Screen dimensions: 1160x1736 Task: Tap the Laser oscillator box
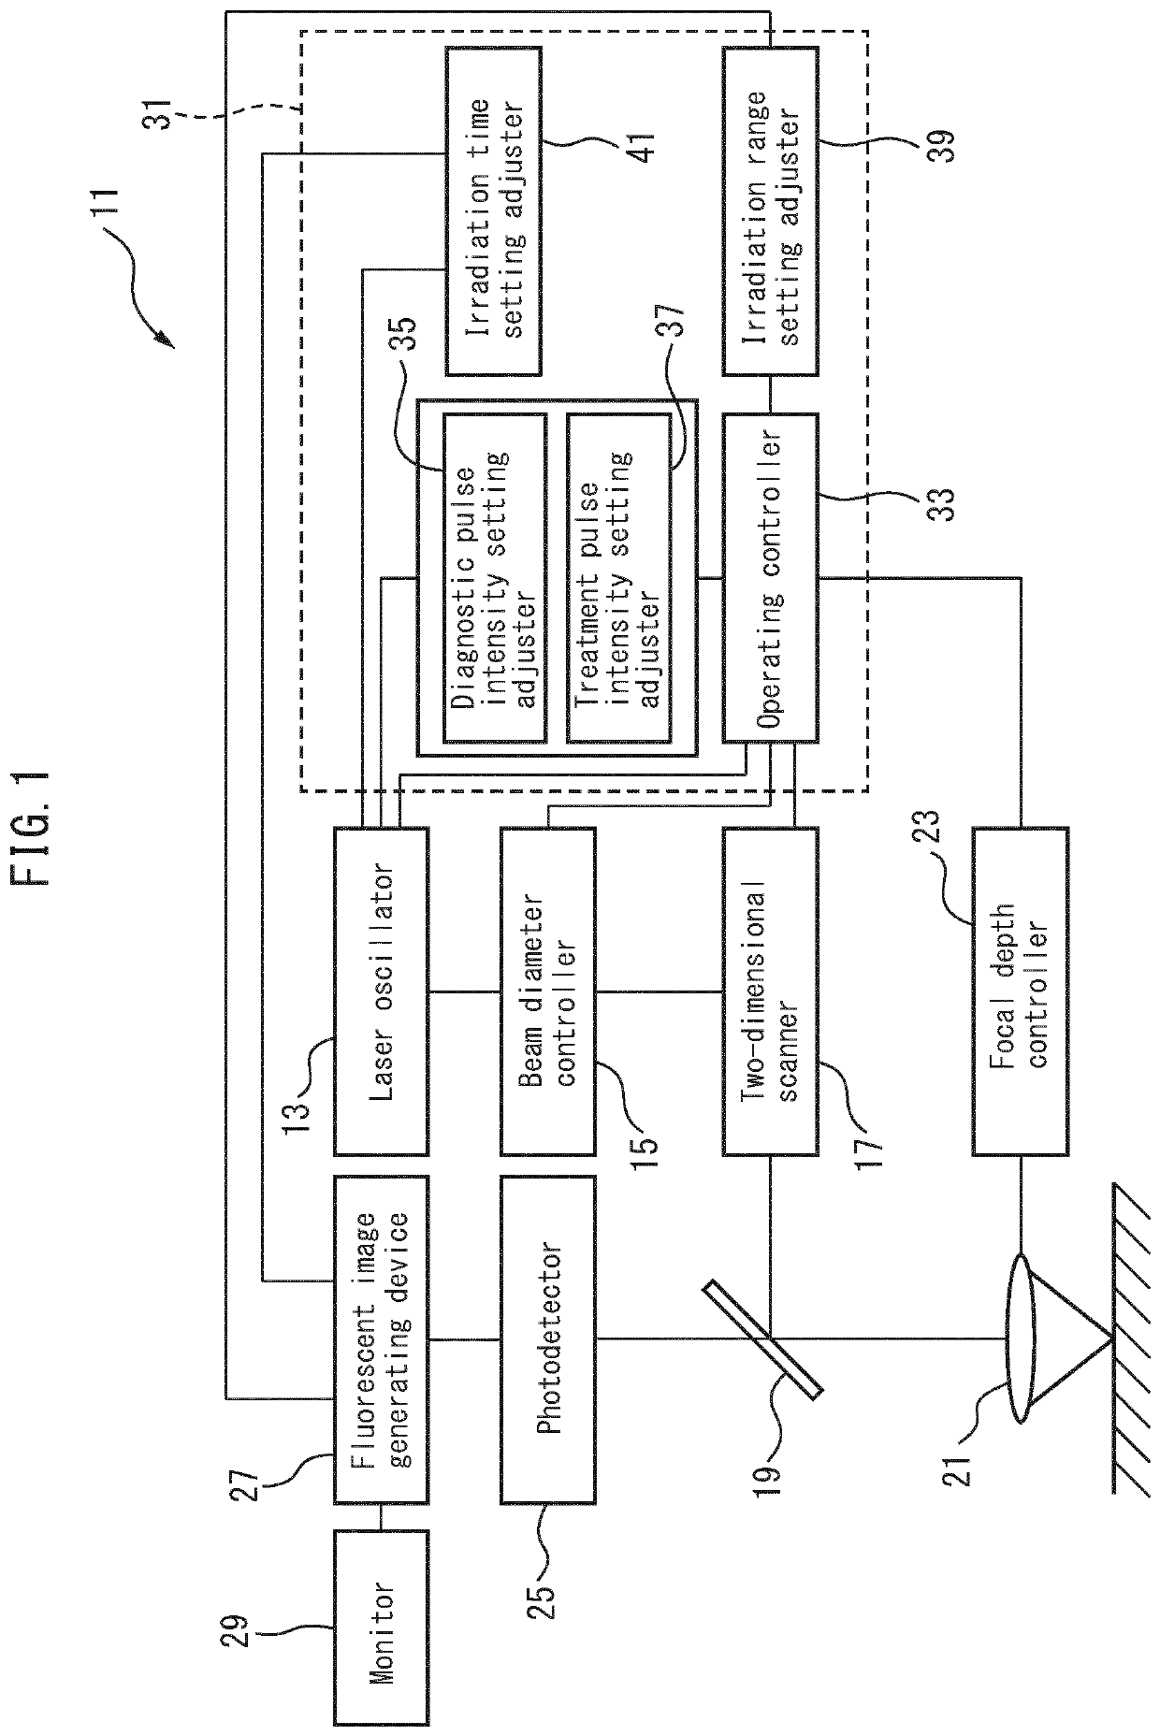(x=381, y=991)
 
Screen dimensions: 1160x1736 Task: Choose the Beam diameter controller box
(x=548, y=991)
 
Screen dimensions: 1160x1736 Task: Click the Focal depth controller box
(x=1021, y=991)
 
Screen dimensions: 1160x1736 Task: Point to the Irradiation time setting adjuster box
(x=493, y=211)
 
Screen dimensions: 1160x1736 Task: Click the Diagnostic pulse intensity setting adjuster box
(x=493, y=578)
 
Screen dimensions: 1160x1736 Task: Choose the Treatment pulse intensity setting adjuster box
(x=618, y=578)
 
